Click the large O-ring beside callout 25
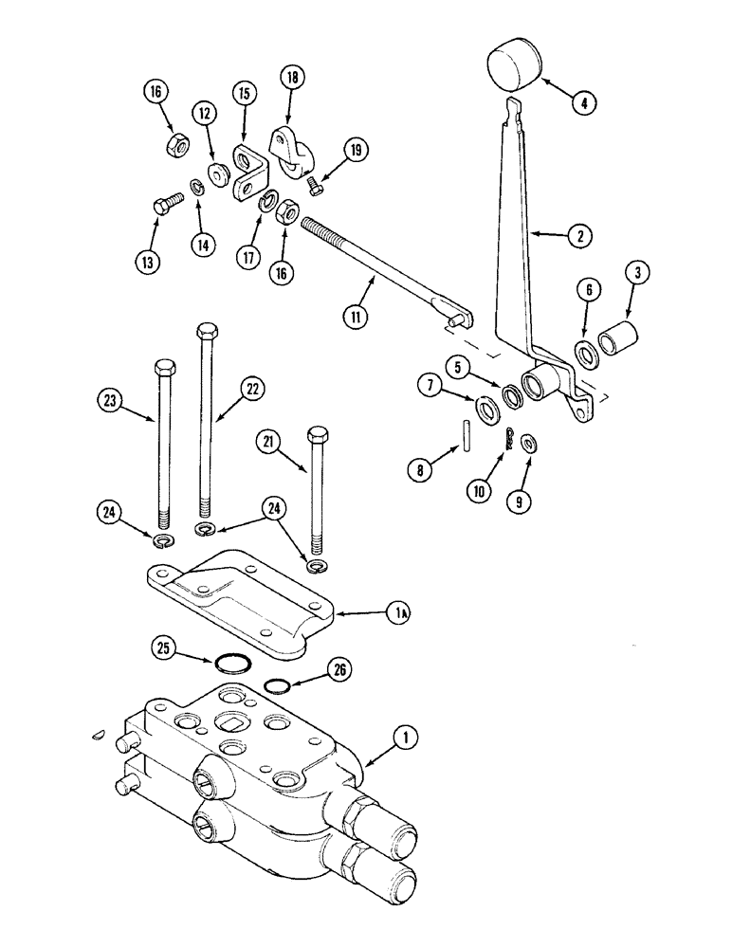pos(230,663)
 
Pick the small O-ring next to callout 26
pos(275,685)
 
